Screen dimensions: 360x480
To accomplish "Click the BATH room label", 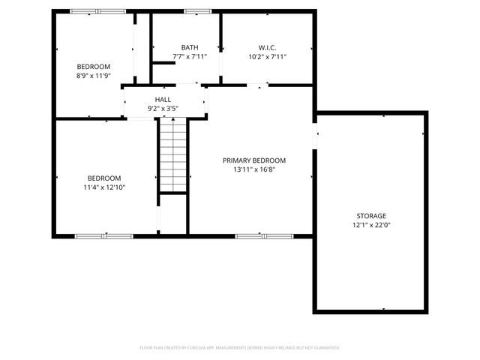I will [x=190, y=47].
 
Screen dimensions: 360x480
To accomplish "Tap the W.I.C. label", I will [x=267, y=47].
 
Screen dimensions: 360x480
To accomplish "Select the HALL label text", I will [x=163, y=99].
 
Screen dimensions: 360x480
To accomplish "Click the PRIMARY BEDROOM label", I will [x=254, y=160].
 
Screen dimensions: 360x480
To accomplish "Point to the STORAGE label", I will [x=370, y=215].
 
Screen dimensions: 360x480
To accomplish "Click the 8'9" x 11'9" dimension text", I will [x=93, y=76].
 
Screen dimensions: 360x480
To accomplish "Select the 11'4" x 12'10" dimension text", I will [x=103, y=187].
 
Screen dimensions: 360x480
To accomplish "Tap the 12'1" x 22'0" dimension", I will [x=370, y=224].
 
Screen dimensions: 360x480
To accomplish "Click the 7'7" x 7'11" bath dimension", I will [x=190, y=56].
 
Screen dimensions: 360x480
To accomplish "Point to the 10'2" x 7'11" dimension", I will [x=267, y=56].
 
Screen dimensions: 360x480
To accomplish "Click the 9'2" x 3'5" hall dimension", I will [x=163, y=108].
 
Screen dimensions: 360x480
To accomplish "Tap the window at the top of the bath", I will [x=198, y=11].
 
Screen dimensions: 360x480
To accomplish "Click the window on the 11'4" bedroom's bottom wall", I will [x=103, y=235].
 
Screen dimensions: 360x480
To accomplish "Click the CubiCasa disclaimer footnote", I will [x=240, y=348].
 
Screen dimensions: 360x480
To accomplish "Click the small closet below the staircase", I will [x=173, y=214].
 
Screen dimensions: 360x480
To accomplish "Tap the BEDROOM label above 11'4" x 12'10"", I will [x=103, y=178].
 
